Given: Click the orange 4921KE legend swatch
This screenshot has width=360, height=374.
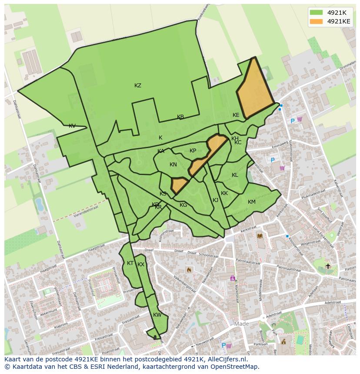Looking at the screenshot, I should (x=316, y=21).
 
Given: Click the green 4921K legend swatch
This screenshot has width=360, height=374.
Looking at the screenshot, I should (x=316, y=13).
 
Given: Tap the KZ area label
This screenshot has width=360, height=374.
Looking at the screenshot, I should (x=138, y=86).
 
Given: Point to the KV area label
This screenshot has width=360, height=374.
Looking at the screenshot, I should (x=72, y=126).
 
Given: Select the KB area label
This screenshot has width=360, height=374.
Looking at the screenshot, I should (x=180, y=117).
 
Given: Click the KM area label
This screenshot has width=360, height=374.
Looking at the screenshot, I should (x=252, y=202).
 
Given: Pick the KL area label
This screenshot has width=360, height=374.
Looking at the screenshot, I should (x=235, y=175).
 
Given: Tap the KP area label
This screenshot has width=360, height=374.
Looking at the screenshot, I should (x=193, y=151).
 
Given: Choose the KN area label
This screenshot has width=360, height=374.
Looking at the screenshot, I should (x=173, y=165).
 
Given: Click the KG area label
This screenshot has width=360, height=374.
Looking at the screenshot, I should (x=183, y=205).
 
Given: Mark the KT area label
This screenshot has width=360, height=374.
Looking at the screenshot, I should (x=130, y=263).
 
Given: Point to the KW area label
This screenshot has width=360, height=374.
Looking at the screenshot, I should (x=157, y=315).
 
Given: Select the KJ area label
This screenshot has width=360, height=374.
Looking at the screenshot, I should (x=215, y=200).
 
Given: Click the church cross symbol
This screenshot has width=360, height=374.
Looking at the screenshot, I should (x=328, y=266).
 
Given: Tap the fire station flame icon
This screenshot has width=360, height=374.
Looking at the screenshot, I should (x=189, y=270).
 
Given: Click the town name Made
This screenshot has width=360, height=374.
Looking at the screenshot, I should (x=241, y=324).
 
